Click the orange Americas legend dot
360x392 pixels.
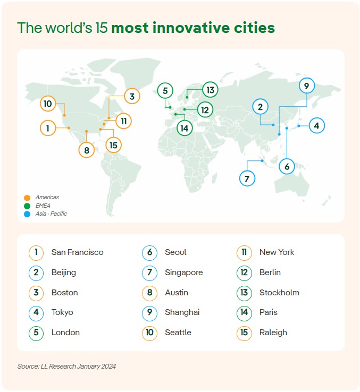click(27, 198)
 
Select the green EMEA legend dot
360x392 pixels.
click(27, 206)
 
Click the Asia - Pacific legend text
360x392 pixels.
click(52, 214)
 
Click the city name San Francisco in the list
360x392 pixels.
click(77, 252)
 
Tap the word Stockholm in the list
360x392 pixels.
click(279, 293)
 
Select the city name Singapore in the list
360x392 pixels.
click(184, 272)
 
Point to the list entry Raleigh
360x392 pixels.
click(273, 333)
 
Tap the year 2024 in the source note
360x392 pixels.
click(109, 367)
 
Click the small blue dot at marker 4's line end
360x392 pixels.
click(299, 126)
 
